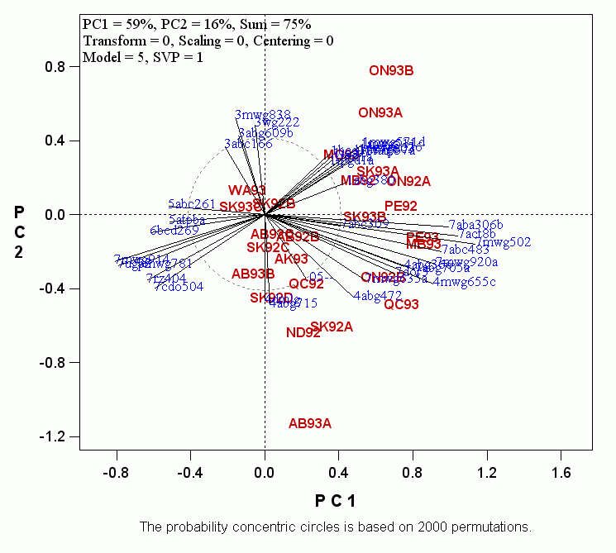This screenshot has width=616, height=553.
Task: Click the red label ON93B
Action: (x=391, y=71)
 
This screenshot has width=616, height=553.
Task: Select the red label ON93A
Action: (x=380, y=112)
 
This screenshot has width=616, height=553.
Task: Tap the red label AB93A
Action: (x=310, y=424)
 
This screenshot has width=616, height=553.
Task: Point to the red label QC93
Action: (x=401, y=305)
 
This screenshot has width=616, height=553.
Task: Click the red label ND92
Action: (x=303, y=333)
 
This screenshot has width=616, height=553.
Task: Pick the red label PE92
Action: (x=401, y=206)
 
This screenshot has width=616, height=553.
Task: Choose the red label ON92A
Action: (x=408, y=182)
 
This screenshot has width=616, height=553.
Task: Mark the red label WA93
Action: (x=246, y=191)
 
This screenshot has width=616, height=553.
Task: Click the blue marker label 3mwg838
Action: (x=263, y=115)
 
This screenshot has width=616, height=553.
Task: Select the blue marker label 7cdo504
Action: (x=179, y=288)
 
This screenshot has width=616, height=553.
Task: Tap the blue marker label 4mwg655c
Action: (x=465, y=283)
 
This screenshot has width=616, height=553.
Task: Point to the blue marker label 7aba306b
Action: (x=475, y=225)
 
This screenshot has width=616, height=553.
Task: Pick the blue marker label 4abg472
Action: (x=377, y=296)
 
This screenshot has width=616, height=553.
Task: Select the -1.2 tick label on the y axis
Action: (x=54, y=436)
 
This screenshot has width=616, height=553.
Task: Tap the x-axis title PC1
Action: (x=335, y=500)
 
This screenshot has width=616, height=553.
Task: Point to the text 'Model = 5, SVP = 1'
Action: (x=142, y=58)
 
